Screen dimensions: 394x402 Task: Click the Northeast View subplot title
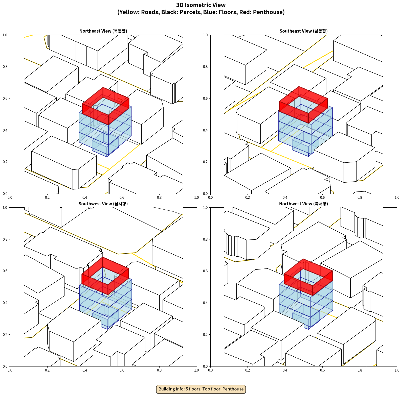click(x=103, y=31)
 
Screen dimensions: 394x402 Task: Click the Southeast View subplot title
click(x=303, y=31)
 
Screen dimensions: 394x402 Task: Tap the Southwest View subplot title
click(x=103, y=204)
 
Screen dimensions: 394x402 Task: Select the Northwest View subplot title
click(x=303, y=204)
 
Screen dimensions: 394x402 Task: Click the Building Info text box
click(x=201, y=389)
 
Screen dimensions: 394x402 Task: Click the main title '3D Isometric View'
click(x=201, y=5)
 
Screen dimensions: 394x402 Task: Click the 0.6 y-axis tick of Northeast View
click(x=5, y=98)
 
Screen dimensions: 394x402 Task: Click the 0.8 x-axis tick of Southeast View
click(x=360, y=198)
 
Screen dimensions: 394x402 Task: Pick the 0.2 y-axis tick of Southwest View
click(x=5, y=335)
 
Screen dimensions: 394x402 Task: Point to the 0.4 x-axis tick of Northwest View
click(x=285, y=370)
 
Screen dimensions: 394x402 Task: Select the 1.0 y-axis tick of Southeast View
click(x=205, y=35)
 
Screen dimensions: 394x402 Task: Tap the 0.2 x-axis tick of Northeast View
click(x=47, y=198)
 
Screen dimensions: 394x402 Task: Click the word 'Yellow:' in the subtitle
click(x=128, y=12)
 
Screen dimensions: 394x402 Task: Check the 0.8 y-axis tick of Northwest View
click(x=205, y=239)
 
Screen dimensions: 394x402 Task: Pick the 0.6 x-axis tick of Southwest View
click(x=122, y=370)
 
